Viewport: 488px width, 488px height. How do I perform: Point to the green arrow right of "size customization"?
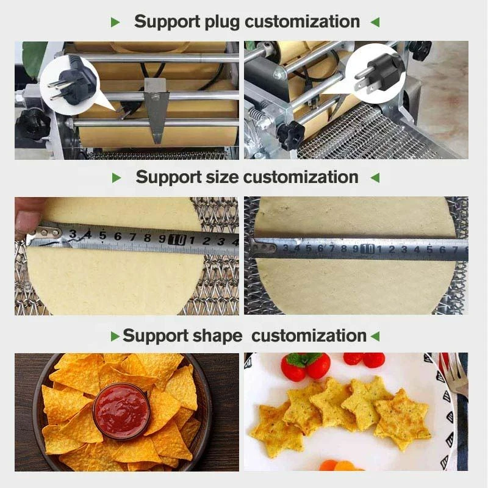tap(375, 178)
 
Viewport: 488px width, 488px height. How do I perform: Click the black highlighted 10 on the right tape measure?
tap(367, 249)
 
